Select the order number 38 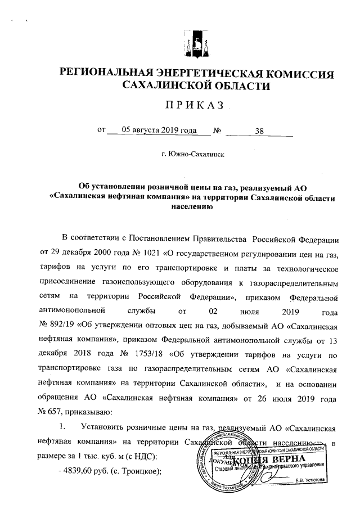click(259, 131)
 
